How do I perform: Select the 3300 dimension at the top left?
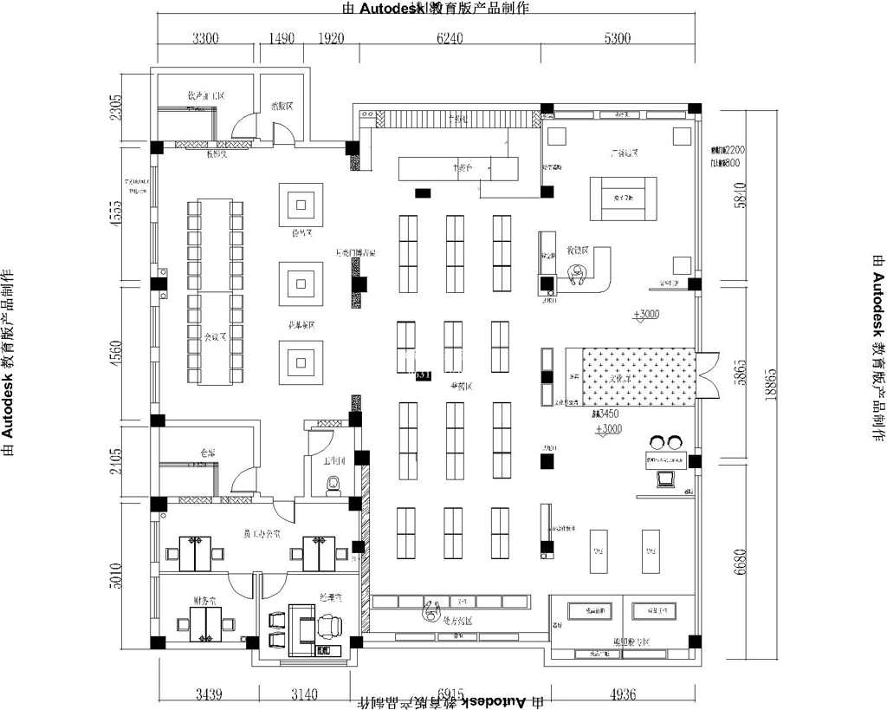pyautogui.click(x=205, y=38)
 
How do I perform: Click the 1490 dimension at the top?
pyautogui.click(x=282, y=38)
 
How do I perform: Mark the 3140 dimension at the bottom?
pyautogui.click(x=304, y=694)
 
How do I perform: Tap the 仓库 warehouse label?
pyautogui.click(x=206, y=453)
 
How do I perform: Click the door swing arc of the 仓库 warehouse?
pyautogui.click(x=246, y=479)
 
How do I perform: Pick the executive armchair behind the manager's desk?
pyautogui.click(x=330, y=625)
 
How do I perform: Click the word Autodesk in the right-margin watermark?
pyautogui.click(x=877, y=303)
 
